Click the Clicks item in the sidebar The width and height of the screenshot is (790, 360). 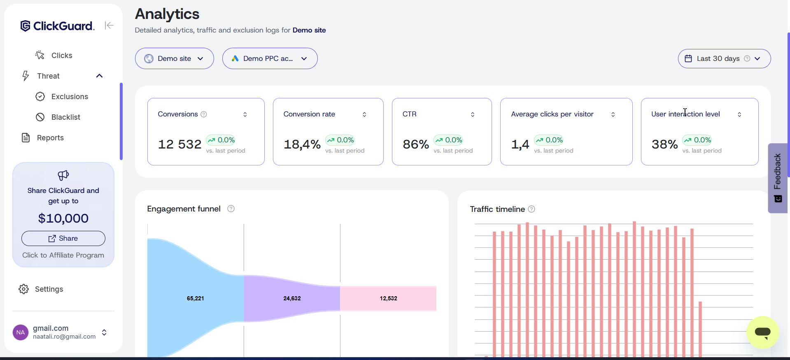(x=61, y=56)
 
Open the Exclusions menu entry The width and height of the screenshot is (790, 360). (x=69, y=97)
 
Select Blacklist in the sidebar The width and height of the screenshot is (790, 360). (x=65, y=117)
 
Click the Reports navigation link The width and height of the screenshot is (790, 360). (x=50, y=138)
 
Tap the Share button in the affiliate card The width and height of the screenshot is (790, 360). (x=63, y=238)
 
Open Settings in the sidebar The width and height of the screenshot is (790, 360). (x=49, y=289)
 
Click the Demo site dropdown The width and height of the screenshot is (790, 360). (x=174, y=58)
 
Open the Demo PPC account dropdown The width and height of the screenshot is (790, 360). (x=270, y=58)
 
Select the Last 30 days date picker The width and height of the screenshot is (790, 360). (x=724, y=58)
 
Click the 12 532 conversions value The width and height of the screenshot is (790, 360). (x=180, y=144)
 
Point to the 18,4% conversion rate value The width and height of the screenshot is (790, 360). (x=302, y=144)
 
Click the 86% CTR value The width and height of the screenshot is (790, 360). (x=415, y=144)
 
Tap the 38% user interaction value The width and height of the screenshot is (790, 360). (x=664, y=144)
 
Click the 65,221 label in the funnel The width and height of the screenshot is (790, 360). (x=195, y=298)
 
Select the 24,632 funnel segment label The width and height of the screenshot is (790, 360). (x=292, y=298)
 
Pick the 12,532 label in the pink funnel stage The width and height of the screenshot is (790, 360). (x=388, y=298)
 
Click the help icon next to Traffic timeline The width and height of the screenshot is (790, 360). (x=531, y=209)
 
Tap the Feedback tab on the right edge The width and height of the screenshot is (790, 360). (x=778, y=178)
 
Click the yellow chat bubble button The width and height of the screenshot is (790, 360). (x=762, y=332)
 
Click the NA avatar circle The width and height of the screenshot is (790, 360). (x=21, y=332)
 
